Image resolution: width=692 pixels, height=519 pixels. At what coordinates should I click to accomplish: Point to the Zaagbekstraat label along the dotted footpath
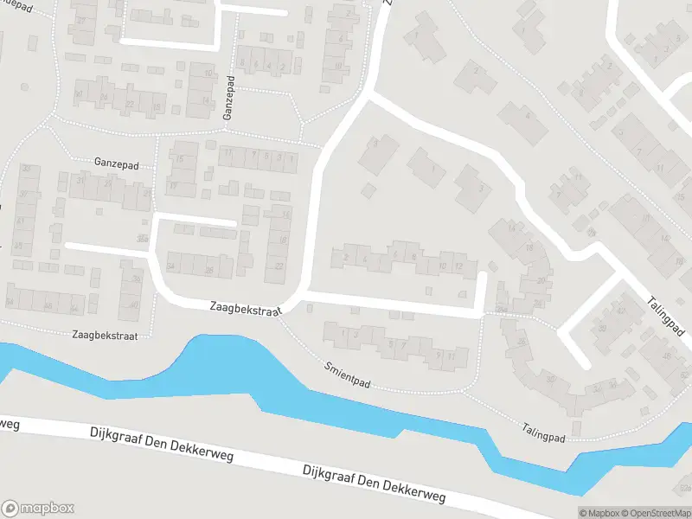pyautogui.click(x=106, y=334)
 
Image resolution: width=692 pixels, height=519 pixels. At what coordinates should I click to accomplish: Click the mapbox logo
pyautogui.click(x=38, y=508)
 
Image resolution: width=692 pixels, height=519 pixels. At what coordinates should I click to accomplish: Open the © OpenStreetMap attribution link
pyautogui.click(x=653, y=513)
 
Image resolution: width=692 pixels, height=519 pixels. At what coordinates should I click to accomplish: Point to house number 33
pyautogui.click(x=27, y=169)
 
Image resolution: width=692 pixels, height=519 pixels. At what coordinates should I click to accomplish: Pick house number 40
pyautogui.click(x=134, y=304)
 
